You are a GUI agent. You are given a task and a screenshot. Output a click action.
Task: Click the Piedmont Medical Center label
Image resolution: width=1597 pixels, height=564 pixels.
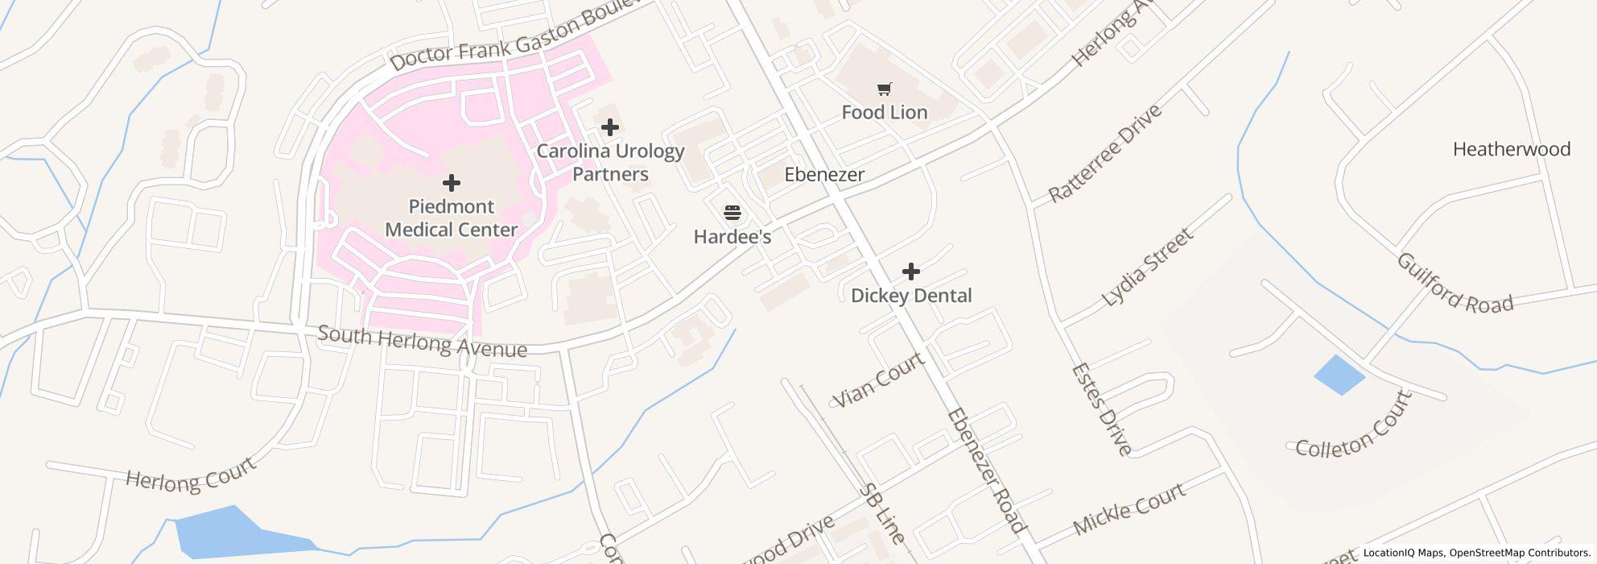point(451,218)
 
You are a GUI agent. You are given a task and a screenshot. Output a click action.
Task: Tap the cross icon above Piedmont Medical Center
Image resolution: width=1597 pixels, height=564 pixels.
point(452,183)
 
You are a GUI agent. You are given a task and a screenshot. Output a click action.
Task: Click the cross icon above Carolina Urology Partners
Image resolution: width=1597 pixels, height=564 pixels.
point(610,126)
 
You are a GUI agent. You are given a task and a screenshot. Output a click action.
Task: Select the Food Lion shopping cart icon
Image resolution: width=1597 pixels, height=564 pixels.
point(884,89)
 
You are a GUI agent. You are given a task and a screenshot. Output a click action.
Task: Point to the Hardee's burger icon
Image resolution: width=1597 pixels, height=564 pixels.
point(732,213)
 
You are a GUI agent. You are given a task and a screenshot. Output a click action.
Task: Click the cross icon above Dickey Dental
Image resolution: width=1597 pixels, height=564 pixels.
point(910,272)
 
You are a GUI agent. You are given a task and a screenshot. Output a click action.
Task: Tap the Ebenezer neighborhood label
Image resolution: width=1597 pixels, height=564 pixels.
point(824,175)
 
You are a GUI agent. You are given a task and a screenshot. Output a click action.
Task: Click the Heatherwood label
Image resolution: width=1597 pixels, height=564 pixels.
point(1511,149)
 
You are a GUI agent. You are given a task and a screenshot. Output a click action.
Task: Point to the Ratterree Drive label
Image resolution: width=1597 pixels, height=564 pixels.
point(1105,154)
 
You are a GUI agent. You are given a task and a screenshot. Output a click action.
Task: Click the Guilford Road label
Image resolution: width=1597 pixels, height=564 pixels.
point(1454,284)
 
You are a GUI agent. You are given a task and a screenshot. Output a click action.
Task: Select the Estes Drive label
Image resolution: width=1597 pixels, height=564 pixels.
point(1101,409)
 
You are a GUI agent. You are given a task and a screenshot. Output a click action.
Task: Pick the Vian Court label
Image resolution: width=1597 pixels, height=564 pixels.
point(878,380)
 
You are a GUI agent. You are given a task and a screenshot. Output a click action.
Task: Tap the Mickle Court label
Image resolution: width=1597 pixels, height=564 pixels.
point(1129,508)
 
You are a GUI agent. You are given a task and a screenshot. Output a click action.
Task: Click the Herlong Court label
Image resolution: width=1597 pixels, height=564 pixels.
point(191,475)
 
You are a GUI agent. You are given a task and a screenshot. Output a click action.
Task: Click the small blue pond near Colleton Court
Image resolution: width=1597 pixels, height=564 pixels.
point(1339,375)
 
